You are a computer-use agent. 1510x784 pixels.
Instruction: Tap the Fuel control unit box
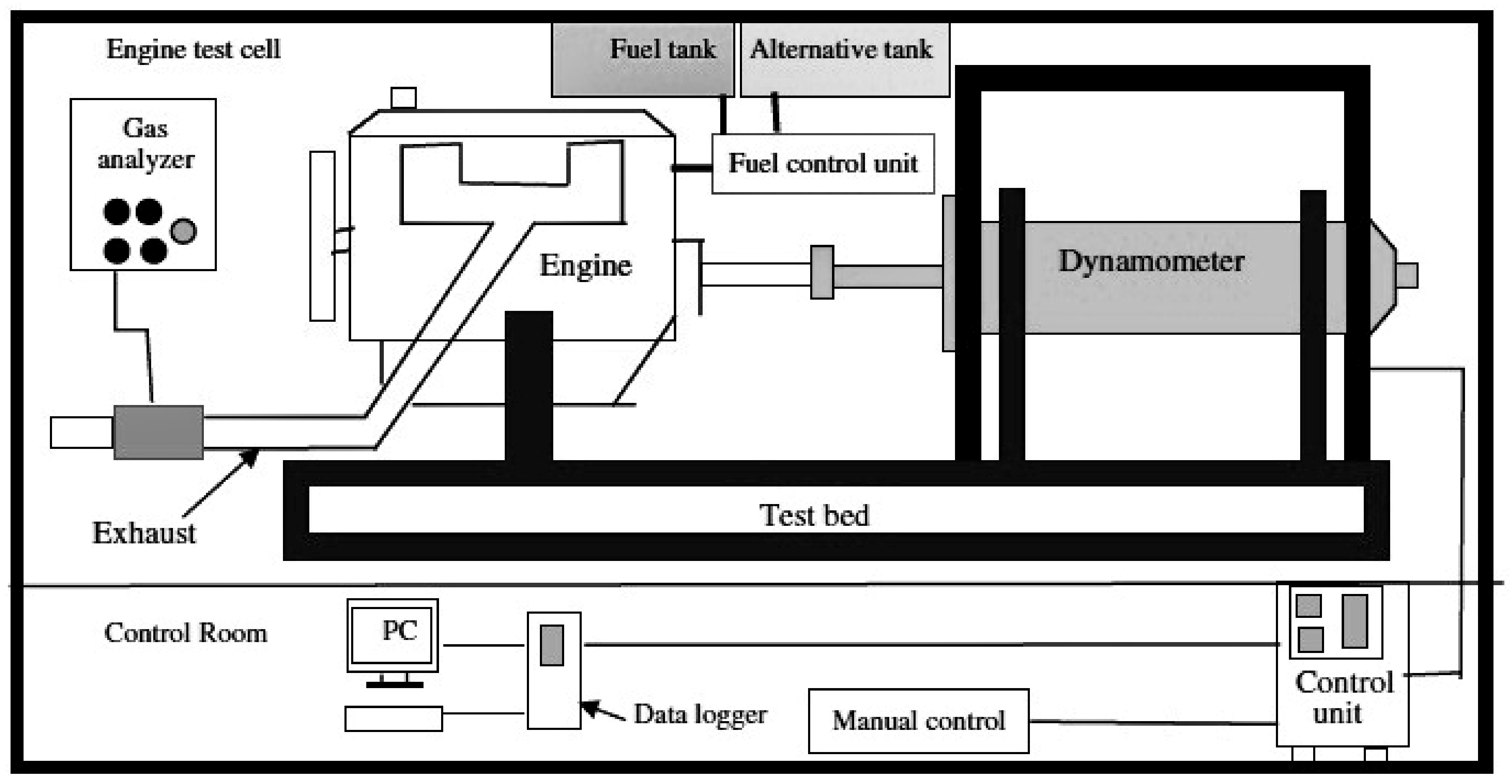(823, 163)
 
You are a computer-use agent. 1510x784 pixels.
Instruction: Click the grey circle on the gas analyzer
(183, 231)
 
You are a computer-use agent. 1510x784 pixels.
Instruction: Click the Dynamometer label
(1151, 261)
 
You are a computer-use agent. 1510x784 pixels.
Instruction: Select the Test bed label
(814, 515)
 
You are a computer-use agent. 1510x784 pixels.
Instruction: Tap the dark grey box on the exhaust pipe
(158, 432)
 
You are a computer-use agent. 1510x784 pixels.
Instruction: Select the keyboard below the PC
(393, 719)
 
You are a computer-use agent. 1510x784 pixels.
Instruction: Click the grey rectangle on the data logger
(551, 645)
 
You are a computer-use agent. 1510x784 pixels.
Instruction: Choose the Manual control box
(918, 721)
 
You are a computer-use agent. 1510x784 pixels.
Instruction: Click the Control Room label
(185, 633)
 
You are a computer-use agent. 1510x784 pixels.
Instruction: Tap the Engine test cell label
(193, 49)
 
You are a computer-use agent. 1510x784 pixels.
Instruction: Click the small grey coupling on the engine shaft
(822, 273)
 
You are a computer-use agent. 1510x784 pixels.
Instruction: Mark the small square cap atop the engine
(403, 98)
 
